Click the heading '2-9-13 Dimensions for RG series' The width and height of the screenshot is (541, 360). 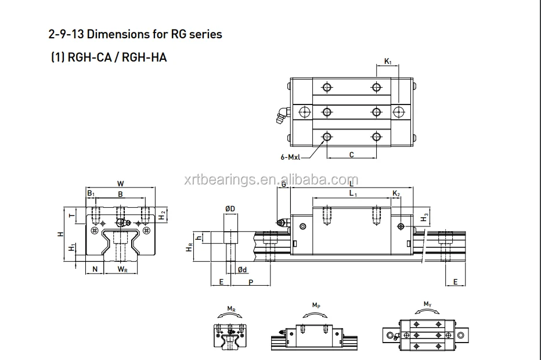[x=135, y=34]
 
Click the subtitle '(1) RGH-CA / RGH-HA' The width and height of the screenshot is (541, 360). [x=109, y=57]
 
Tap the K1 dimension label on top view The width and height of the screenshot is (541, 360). [x=388, y=60]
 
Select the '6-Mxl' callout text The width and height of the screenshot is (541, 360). [x=290, y=156]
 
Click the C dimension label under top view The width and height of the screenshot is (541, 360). [x=352, y=154]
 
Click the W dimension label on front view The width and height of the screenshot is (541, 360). [x=120, y=183]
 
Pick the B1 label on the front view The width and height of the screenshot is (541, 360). [x=91, y=194]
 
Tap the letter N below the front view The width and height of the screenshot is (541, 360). [x=95, y=269]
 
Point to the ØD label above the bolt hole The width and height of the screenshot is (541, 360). [x=230, y=208]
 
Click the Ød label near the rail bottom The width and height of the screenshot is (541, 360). [x=243, y=269]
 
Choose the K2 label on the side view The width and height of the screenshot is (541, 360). [x=396, y=193]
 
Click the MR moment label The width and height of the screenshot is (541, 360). [x=231, y=308]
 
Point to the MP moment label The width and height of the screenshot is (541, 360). [x=316, y=305]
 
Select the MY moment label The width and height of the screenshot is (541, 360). [x=428, y=304]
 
